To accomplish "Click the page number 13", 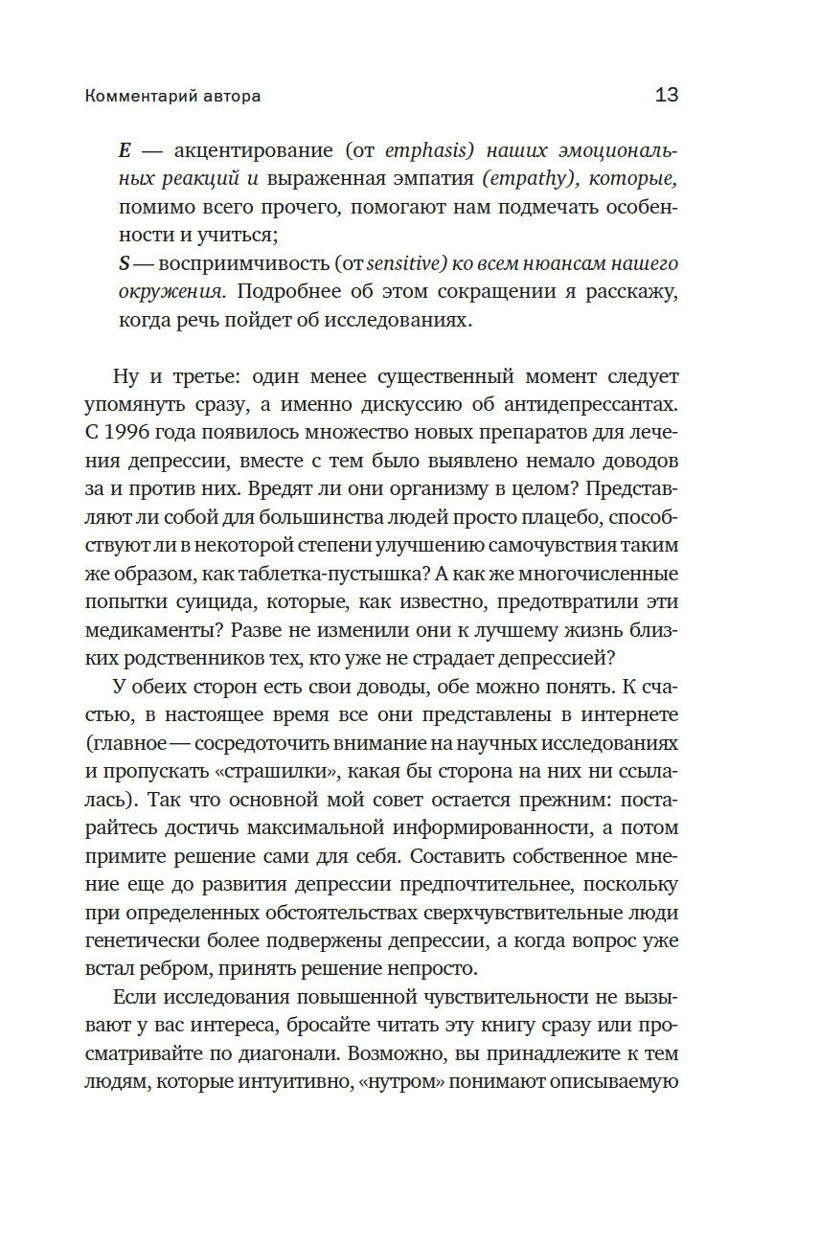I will point(667,96).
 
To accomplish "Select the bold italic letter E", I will point(124,151).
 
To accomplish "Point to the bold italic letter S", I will point(124,262).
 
